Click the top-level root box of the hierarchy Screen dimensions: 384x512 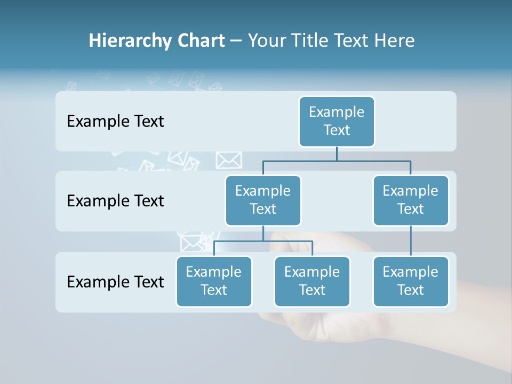pyautogui.click(x=337, y=122)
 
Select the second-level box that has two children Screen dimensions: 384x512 pyautogui.click(x=263, y=201)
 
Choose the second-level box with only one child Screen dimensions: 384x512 pyautogui.click(x=410, y=201)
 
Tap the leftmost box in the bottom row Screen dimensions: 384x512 pyautogui.click(x=214, y=282)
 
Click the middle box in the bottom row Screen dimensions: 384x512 pyautogui.click(x=312, y=282)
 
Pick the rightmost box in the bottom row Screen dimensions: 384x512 pyautogui.click(x=410, y=282)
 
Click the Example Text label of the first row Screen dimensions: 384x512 pyautogui.click(x=115, y=122)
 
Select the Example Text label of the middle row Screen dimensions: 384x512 pyautogui.click(x=115, y=201)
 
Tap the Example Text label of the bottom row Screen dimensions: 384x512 pyautogui.click(x=115, y=282)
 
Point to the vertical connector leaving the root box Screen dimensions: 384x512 pyautogui.click(x=337, y=154)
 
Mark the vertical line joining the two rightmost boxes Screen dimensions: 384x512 pyautogui.click(x=411, y=241)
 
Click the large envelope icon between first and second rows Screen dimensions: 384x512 pyautogui.click(x=229, y=159)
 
